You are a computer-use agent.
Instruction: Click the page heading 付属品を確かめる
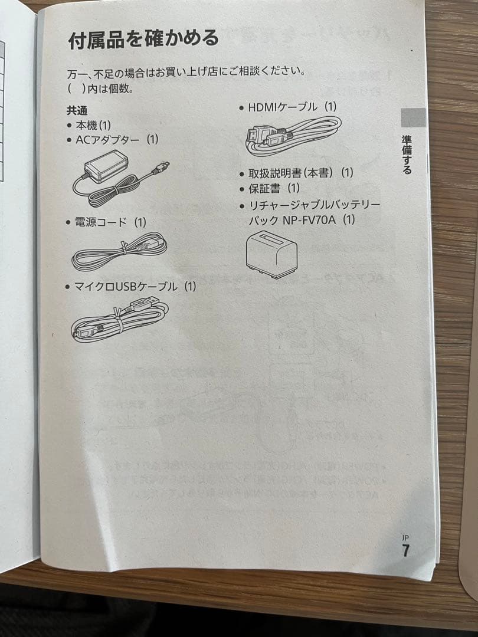pyautogui.click(x=143, y=40)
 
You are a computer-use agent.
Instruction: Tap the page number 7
pyautogui.click(x=405, y=551)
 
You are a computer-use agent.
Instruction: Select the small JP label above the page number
pyautogui.click(x=405, y=538)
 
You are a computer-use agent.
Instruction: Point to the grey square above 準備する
pyautogui.click(x=413, y=117)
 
